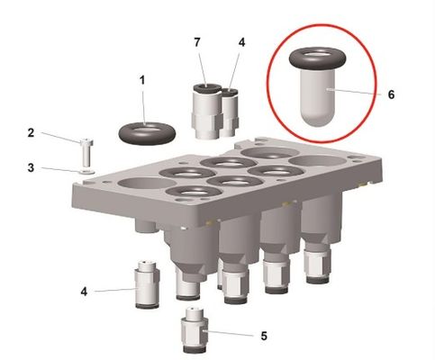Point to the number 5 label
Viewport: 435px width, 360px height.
[x=263, y=336]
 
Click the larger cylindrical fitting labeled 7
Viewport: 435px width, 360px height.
[x=206, y=108]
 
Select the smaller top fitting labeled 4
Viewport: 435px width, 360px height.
[x=230, y=110]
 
